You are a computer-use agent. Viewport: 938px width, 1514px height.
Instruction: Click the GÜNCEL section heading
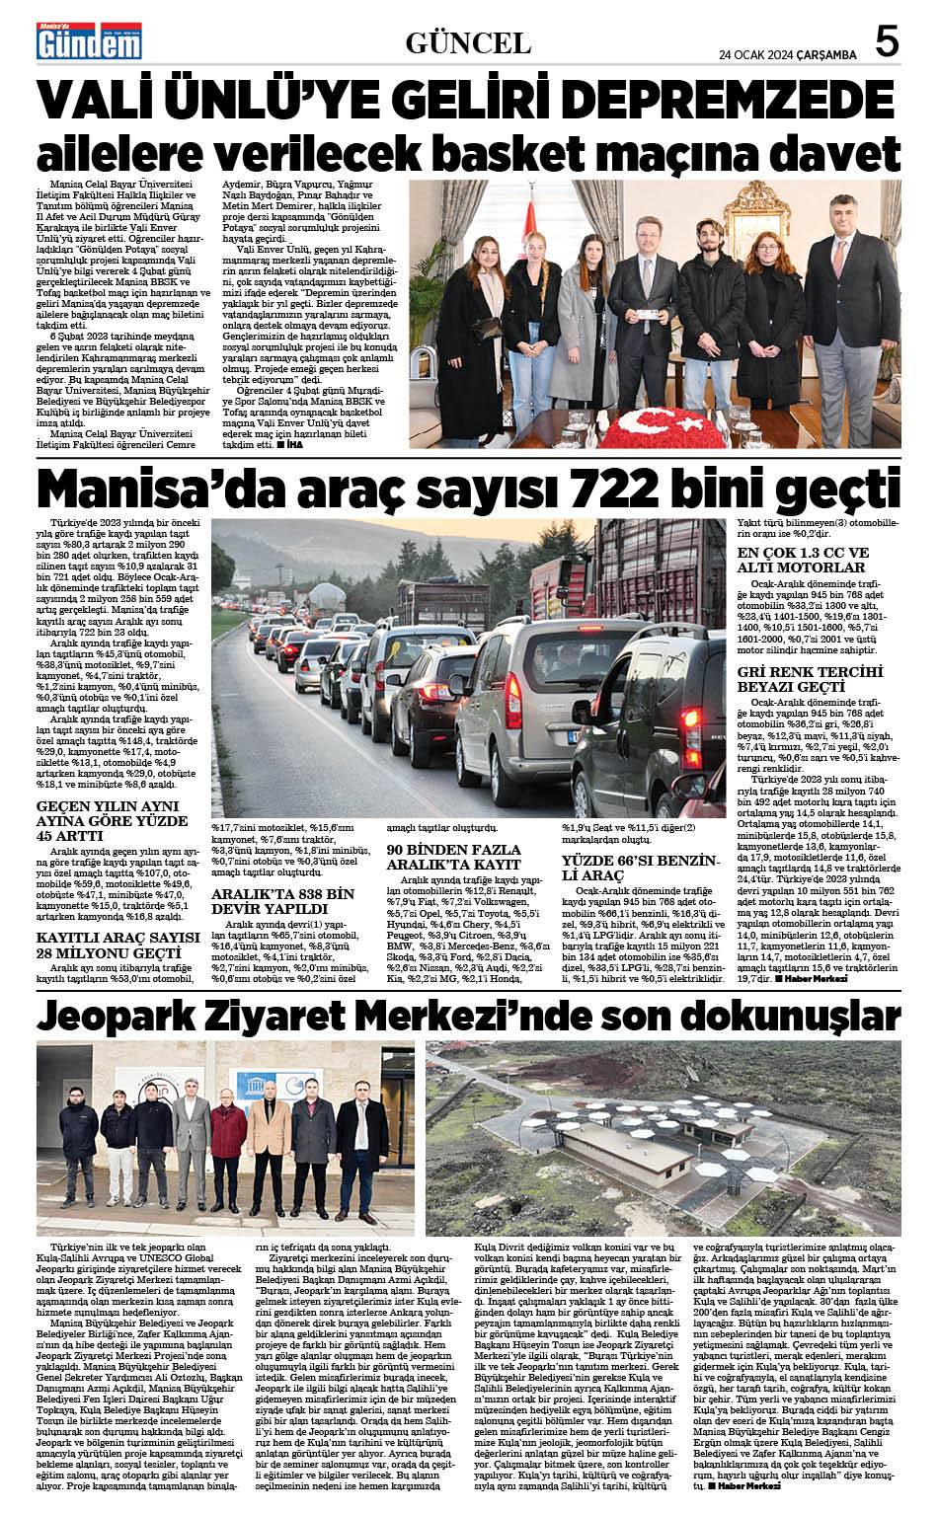(x=468, y=42)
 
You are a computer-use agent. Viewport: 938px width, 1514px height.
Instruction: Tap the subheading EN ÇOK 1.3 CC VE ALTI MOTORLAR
(x=804, y=561)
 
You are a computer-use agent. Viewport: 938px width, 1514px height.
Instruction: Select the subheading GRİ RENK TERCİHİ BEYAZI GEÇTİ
(x=810, y=679)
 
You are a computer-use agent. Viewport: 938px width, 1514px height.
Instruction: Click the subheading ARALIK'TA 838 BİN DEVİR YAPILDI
(x=283, y=901)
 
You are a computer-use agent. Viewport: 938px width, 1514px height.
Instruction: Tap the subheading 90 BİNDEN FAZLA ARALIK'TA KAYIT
(x=453, y=857)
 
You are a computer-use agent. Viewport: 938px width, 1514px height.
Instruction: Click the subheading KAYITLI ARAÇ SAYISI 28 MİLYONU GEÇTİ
(x=118, y=945)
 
